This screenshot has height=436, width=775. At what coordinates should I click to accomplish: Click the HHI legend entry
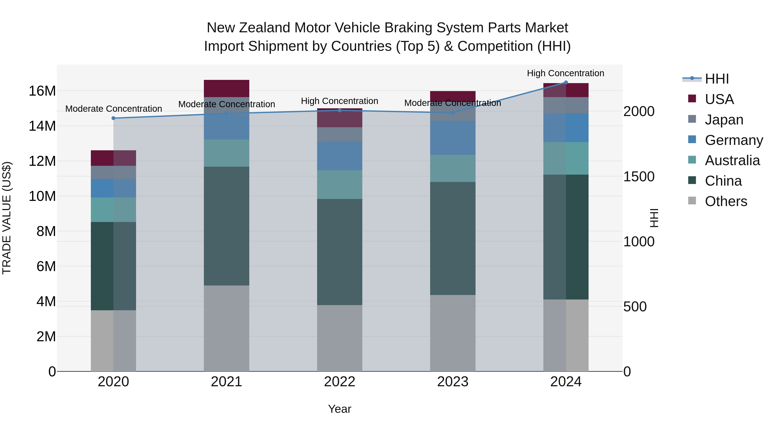717,79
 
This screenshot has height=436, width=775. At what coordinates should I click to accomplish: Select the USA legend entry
719,99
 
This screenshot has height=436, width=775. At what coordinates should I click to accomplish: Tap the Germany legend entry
733,140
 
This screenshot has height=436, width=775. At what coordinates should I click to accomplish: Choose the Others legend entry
726,201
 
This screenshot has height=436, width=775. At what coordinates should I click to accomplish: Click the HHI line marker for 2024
566,82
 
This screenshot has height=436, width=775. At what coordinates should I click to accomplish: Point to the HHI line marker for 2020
113,118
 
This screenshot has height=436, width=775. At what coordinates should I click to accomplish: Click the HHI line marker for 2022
340,110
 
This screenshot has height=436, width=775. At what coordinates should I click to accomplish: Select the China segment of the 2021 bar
226,226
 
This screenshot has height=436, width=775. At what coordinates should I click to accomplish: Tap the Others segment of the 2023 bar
453,332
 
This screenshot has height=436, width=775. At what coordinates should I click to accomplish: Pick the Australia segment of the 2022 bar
340,185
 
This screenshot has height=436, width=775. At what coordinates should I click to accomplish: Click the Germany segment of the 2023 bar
453,138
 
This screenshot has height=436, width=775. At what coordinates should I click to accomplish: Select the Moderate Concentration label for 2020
113,109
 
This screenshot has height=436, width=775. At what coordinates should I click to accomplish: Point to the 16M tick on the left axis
42,91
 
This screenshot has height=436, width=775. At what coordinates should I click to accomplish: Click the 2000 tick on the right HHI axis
639,111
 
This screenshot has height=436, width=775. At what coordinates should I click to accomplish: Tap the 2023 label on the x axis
453,382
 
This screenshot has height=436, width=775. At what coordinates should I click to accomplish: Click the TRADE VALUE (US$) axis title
7,218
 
